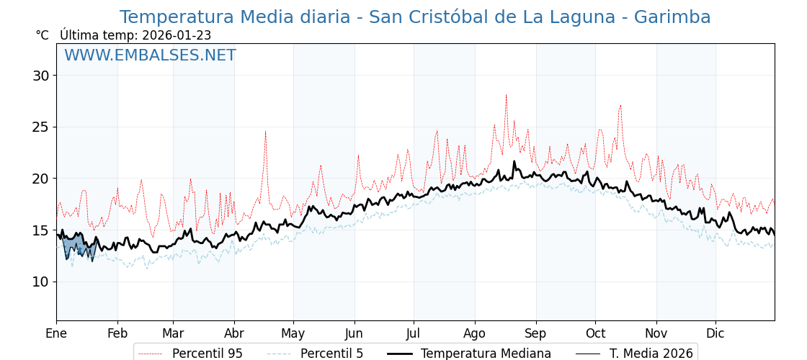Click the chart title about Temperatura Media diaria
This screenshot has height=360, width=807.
tap(415, 17)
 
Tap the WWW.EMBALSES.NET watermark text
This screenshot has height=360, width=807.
tap(150, 55)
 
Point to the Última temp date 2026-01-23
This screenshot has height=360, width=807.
tap(177, 35)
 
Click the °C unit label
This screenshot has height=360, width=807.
tap(42, 35)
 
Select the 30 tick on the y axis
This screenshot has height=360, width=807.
tap(40, 76)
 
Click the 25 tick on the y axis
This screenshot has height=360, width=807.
tap(40, 127)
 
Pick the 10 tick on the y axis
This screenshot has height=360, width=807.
tap(40, 282)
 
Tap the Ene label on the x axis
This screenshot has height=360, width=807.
tap(56, 333)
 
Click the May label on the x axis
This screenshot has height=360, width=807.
tap(293, 333)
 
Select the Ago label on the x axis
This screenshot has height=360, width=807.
tap(475, 333)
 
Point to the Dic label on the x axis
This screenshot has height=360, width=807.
tap(715, 333)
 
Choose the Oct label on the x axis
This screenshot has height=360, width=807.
tap(595, 333)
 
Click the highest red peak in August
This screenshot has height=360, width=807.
tap(506, 95)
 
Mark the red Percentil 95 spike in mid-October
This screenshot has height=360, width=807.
tap(620, 107)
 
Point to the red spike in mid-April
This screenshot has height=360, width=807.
tap(265, 132)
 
